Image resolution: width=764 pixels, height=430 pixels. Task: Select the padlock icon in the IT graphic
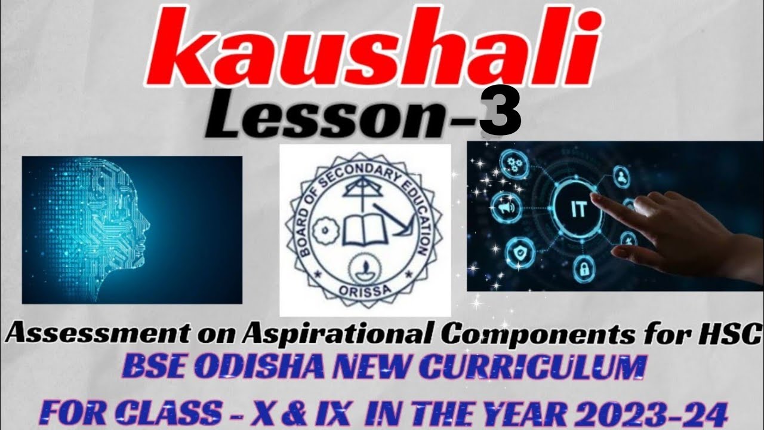click(581, 271)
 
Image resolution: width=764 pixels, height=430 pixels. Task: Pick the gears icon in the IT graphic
click(512, 162)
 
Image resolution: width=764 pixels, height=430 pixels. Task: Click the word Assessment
click(74, 335)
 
